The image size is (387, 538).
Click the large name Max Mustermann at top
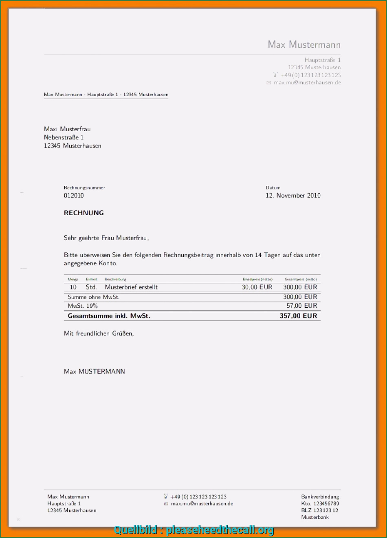pos(304,44)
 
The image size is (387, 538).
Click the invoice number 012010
pos(74,196)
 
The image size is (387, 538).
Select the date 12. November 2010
pos(293,196)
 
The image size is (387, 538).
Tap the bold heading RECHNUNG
pos(84,213)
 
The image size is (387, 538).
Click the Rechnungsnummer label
pos(84,188)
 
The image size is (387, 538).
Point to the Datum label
pos(273,188)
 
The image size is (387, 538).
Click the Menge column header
pos(73,280)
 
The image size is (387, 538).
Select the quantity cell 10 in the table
pos(73,287)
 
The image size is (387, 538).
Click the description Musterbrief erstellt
pos(131,287)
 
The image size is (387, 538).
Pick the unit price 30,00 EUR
pos(257,287)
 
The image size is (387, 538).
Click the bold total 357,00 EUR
pos(298,316)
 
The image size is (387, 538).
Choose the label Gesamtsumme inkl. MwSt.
pos(109,316)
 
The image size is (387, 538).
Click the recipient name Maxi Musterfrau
pos(67,129)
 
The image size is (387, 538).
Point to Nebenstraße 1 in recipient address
pos(64,137)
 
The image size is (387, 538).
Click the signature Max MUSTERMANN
pos(95,371)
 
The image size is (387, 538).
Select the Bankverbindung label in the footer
pos(321,497)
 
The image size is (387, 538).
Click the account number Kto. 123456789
pos(320,504)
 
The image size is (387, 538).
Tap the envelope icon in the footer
pos(166,504)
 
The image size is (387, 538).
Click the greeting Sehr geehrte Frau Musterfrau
pos(106,238)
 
